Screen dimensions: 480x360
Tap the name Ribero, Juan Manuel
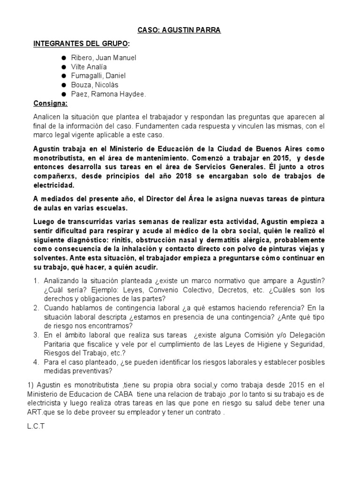(x=104, y=58)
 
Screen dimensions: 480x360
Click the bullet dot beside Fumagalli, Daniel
(x=63, y=76)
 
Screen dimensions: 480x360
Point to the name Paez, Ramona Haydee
(x=108, y=94)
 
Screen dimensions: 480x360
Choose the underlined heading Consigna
(x=51, y=103)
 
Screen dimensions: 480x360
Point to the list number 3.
(x=37, y=335)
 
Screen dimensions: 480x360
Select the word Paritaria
(x=59, y=345)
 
